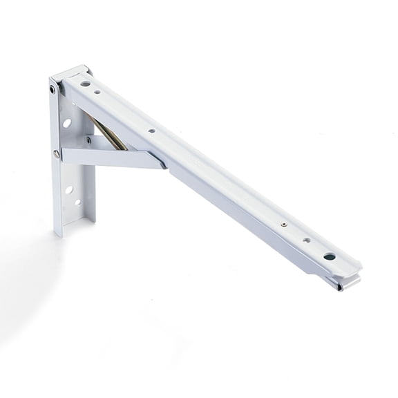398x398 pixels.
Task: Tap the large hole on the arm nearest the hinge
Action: click(85, 84)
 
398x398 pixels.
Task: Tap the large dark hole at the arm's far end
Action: click(330, 256)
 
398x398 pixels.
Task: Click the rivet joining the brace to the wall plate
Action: click(57, 154)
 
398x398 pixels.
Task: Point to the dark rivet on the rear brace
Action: click(88, 140)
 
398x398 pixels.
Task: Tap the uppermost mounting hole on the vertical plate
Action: click(67, 123)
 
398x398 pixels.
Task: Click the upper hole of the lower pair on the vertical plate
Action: click(69, 189)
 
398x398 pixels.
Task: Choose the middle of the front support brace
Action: click(111, 156)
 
